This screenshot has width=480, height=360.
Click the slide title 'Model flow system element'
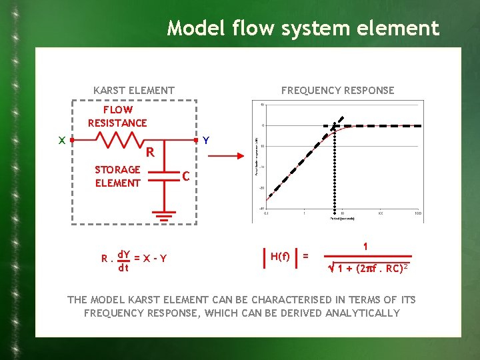303,28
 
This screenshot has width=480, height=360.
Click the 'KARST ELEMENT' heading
134,90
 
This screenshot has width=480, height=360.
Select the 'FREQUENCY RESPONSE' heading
337,90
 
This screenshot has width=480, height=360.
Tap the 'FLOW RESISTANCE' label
117,116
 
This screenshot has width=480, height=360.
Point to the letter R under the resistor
151,153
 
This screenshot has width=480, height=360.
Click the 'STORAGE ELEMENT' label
117,176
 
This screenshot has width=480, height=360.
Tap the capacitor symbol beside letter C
162,175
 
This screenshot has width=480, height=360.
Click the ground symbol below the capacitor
162,216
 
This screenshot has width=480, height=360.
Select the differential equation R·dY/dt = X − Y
134,259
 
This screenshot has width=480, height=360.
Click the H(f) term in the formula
280,256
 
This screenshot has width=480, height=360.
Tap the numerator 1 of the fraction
365,245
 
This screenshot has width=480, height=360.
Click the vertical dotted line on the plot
334,173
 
